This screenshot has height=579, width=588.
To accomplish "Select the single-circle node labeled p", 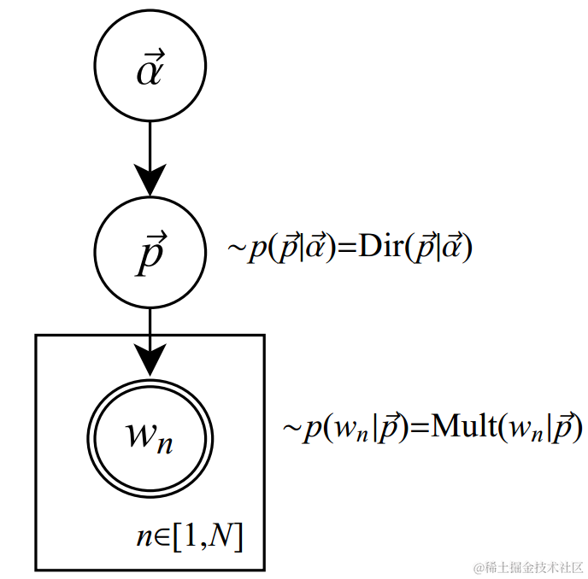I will (150, 253).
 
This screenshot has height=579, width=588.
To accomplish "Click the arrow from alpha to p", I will (150, 149).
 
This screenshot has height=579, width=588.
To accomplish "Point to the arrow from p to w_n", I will (150, 337).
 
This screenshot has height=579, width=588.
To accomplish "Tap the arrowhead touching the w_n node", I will (150, 362).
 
